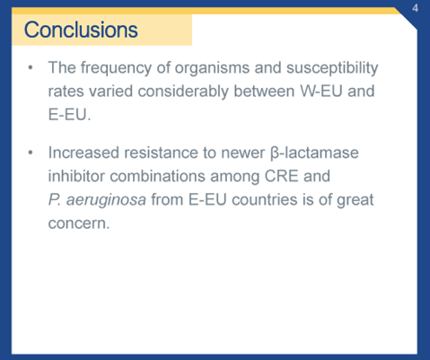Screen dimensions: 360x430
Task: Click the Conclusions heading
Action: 81,30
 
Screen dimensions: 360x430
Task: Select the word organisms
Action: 207,67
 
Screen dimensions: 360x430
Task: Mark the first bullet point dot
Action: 31,68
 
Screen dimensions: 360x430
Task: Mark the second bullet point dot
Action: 31,153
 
